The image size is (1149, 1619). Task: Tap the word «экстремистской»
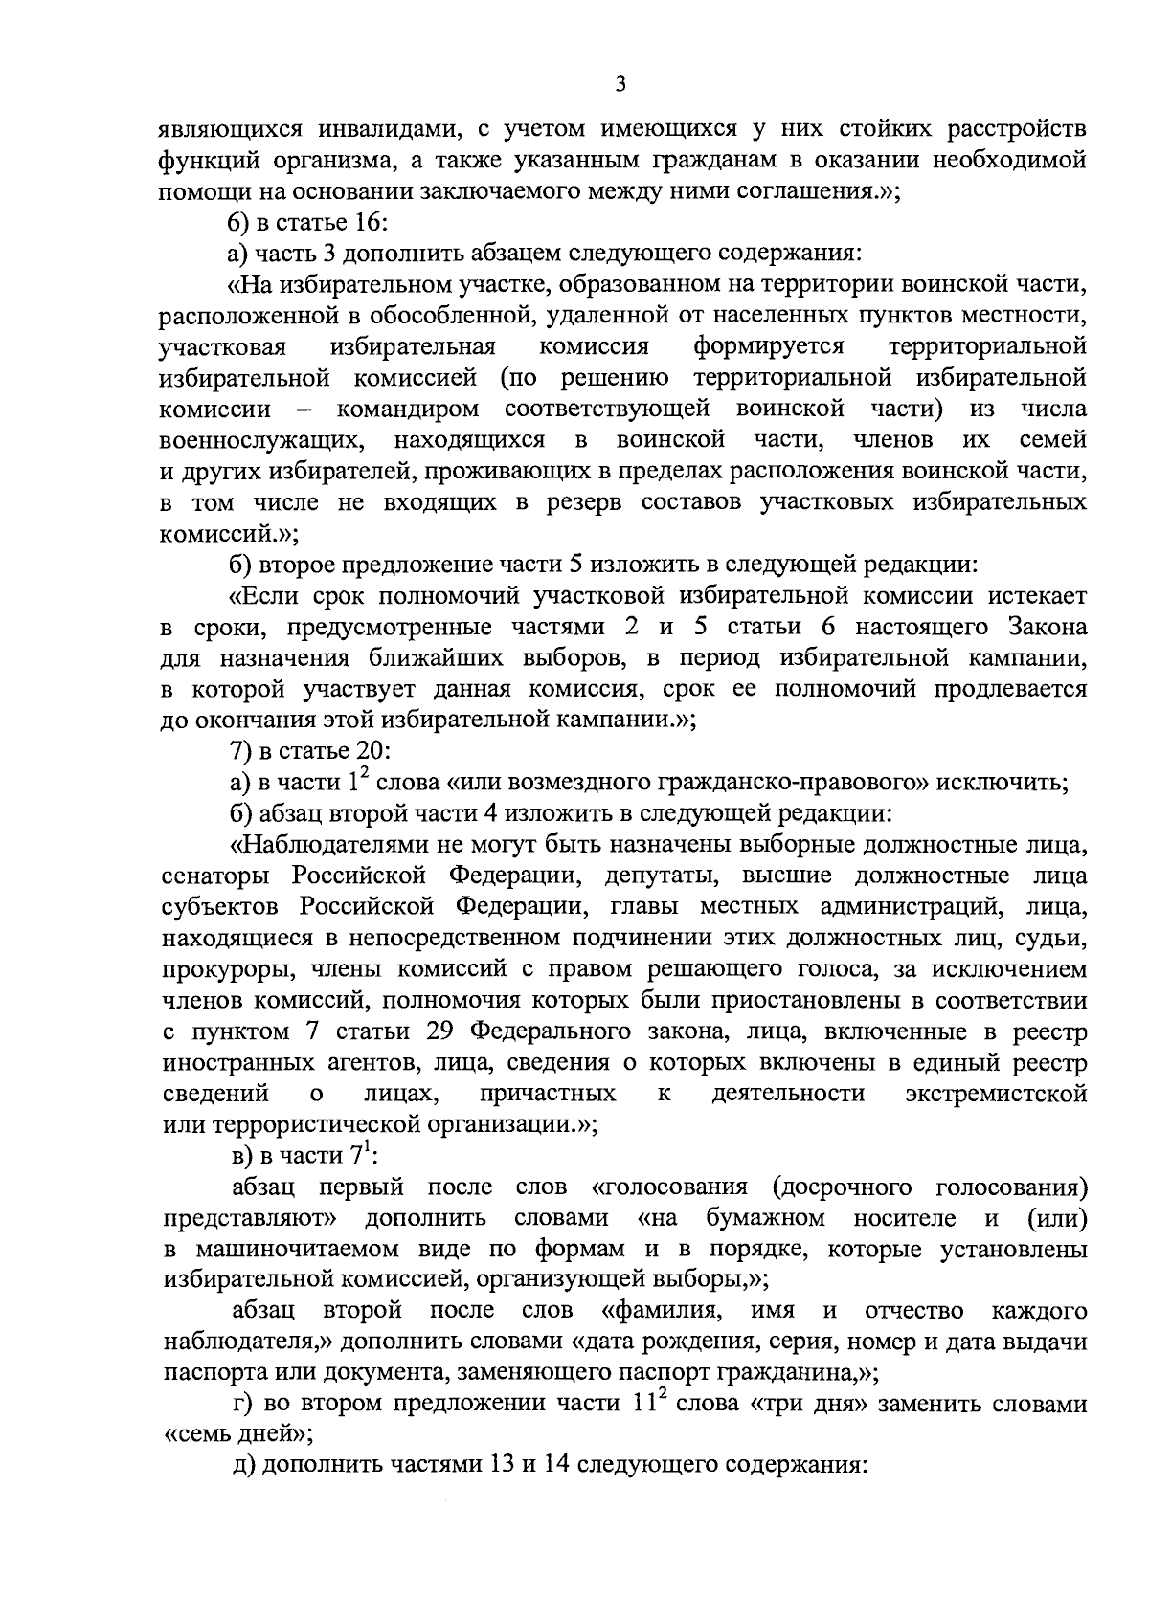[x=996, y=1095]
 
